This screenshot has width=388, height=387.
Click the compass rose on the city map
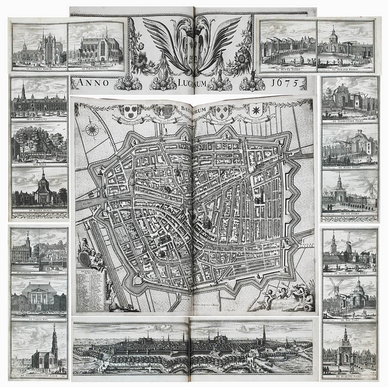click(92, 130)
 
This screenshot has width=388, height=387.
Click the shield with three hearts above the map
click(131, 110)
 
